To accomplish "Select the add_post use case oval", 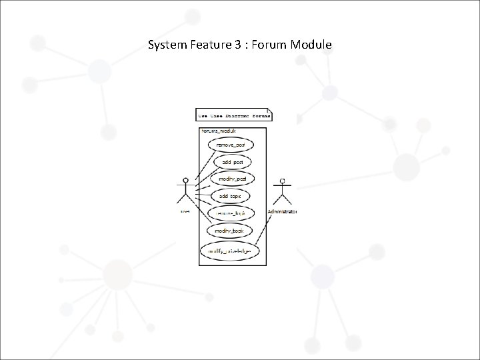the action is [233, 162].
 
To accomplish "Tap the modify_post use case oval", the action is [232, 179].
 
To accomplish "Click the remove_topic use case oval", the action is [231, 213].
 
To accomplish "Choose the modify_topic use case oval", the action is [229, 231].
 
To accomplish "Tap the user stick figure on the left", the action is [185, 191].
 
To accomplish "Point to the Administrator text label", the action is [283, 211].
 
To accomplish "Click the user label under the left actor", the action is [185, 211].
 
